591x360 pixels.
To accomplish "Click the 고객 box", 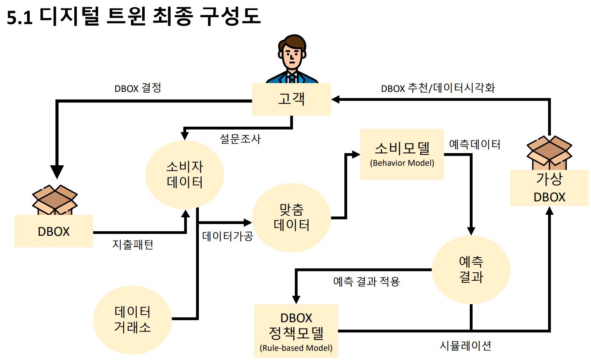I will (x=291, y=99).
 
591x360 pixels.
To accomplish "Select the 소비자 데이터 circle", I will (x=185, y=175).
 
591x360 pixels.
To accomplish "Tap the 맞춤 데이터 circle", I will (x=291, y=217).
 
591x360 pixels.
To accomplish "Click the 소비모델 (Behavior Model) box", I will (x=402, y=154).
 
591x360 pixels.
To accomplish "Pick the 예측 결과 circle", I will (x=471, y=269).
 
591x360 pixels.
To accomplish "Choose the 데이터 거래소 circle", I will (x=132, y=320).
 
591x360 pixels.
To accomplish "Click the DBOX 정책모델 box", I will (x=296, y=331).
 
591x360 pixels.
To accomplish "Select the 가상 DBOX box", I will (x=549, y=188).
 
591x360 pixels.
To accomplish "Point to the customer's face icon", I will (x=292, y=57).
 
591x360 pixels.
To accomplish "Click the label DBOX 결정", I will (x=138, y=89).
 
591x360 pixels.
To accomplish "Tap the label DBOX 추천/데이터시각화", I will (x=438, y=88).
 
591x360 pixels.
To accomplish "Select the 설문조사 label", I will (x=240, y=139).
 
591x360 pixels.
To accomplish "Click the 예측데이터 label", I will (x=474, y=145).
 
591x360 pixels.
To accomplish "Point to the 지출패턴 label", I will (x=133, y=244).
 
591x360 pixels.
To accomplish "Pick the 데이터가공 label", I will (x=227, y=236).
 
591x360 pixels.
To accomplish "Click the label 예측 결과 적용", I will (x=366, y=281).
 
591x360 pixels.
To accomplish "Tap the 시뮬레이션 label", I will (x=465, y=346).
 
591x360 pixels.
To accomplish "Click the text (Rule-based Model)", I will (x=296, y=348).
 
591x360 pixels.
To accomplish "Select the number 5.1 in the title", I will (x=19, y=18).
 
